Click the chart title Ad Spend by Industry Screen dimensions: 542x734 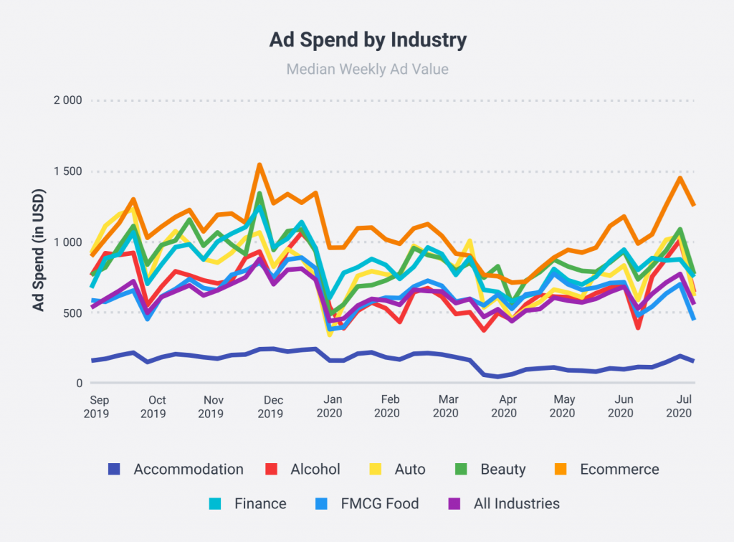coord(368,39)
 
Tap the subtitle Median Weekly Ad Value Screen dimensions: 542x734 coord(368,70)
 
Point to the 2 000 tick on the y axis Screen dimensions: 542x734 coord(68,100)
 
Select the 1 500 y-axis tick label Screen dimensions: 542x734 coord(68,171)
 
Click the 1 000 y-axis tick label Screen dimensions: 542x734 coord(68,242)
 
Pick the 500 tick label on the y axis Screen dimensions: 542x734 coord(74,313)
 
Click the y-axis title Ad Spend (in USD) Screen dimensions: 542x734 coord(39,250)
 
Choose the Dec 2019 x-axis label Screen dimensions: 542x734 coord(270,406)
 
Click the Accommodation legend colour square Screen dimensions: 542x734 coord(114,470)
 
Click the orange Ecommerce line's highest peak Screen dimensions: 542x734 coord(259,166)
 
